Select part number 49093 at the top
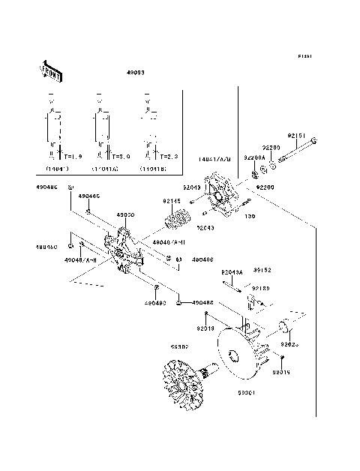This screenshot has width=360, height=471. pos(135,73)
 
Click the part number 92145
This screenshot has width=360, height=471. pos(172,201)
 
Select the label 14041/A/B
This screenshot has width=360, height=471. pos(214,160)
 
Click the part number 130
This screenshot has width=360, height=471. pos(250,216)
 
